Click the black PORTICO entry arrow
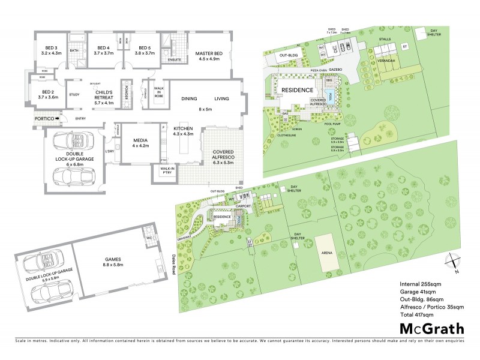56,119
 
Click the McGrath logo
431,328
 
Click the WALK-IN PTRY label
167,171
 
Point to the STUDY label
74,95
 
